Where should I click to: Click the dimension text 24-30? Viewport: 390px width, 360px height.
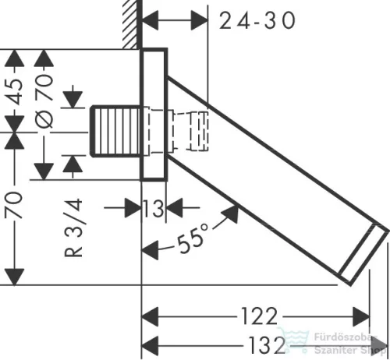point(257,21)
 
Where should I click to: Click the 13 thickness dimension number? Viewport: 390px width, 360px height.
point(154,208)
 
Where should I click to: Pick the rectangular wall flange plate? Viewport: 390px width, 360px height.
point(154,115)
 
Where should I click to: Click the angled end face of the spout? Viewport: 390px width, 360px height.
point(363,253)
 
